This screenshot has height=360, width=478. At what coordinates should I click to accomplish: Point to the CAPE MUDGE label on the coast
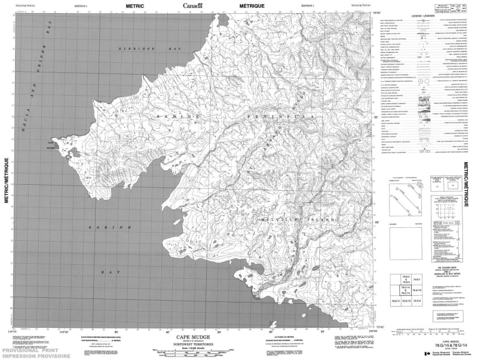coord(51,144)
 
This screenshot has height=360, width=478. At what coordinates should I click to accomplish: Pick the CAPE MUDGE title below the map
coord(191,335)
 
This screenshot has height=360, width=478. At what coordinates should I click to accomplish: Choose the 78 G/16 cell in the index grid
coord(418,289)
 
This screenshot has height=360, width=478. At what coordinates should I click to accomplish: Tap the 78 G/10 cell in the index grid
coord(405,300)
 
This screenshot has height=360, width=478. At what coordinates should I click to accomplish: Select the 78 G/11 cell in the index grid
coord(394,300)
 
